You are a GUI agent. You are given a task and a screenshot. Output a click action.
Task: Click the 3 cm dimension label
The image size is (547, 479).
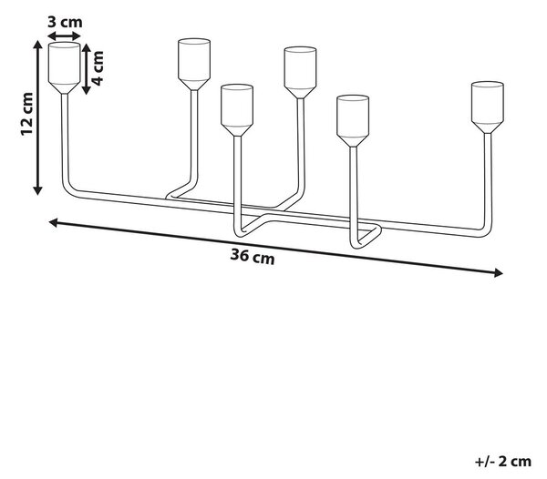pos(65,22)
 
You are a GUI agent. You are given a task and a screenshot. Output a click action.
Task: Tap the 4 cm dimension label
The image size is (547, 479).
pos(98,68)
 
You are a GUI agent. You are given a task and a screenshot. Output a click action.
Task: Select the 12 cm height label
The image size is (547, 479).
pos(26,114)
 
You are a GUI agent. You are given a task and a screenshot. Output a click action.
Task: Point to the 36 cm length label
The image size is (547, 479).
pos(253,257)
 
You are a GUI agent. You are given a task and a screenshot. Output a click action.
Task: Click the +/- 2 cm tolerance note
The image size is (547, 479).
pos(503,462)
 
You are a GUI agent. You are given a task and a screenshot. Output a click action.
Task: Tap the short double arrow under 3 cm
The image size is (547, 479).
pos(64,36)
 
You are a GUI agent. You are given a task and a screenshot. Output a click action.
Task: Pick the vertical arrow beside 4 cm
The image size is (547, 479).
pos(87,69)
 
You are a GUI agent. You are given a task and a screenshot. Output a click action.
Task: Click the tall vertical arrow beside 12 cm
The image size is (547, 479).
pos(37,117)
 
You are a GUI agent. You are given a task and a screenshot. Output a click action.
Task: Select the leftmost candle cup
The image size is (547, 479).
pos(64,68)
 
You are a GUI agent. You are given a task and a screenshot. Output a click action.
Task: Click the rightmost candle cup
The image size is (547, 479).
pos(488,107)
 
